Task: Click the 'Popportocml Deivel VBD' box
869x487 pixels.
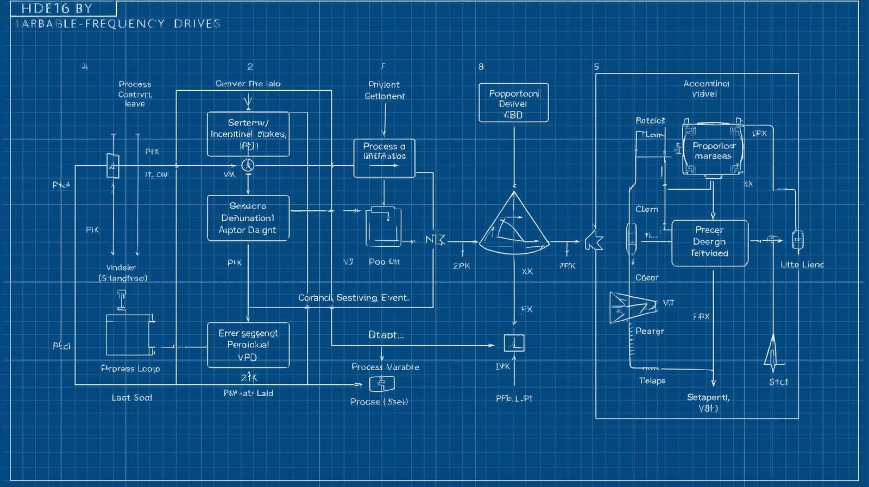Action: click(513, 103)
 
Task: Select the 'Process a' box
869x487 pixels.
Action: click(384, 158)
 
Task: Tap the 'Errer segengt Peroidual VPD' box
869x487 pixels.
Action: click(248, 345)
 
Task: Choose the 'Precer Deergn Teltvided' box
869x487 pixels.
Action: click(710, 243)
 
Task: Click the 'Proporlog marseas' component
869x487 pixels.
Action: click(713, 150)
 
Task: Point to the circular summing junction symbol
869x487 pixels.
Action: click(248, 165)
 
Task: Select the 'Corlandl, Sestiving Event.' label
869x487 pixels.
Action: click(354, 298)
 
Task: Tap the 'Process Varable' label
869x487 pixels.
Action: click(385, 367)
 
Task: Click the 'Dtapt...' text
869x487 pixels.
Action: click(386, 335)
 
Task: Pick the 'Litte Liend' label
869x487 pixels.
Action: click(802, 265)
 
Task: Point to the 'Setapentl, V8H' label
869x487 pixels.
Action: click(708, 403)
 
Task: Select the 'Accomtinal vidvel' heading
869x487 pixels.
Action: click(706, 89)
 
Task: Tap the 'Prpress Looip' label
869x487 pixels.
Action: click(130, 369)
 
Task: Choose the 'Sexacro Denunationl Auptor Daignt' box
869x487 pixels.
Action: click(248, 218)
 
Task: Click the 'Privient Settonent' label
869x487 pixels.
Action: click(385, 90)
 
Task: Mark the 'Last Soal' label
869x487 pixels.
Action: click(131, 398)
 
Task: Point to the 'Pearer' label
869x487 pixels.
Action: click(650, 331)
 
